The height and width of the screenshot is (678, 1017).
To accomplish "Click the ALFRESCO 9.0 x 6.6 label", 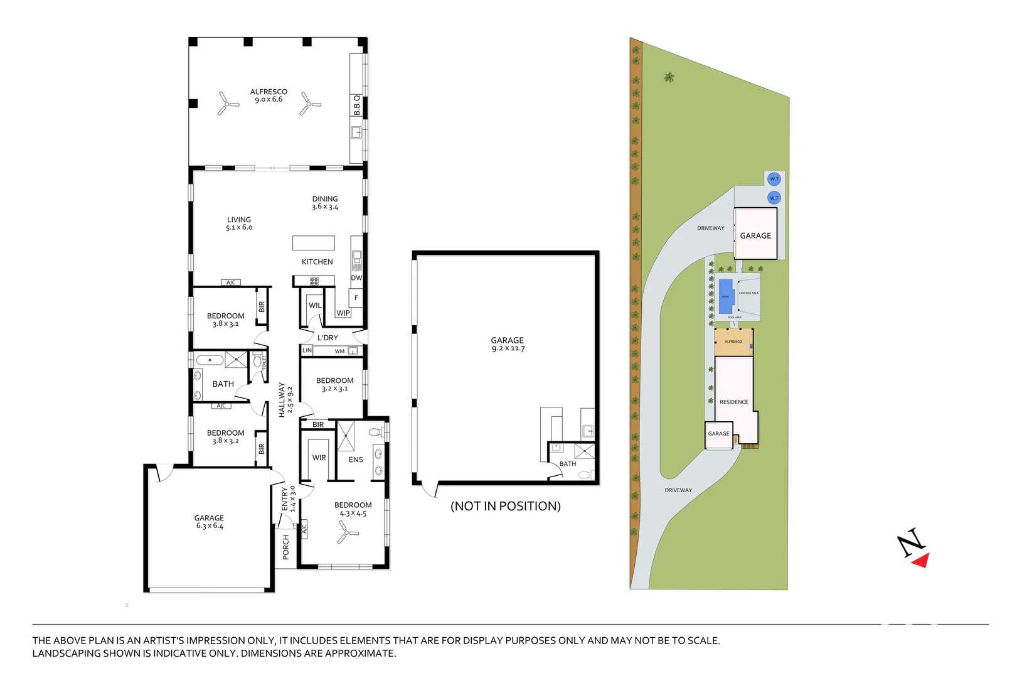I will [269, 95].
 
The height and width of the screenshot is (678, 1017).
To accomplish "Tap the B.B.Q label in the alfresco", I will [357, 105].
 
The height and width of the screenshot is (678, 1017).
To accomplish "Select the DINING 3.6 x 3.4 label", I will [325, 203].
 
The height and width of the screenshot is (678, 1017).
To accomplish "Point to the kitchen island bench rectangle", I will [313, 243].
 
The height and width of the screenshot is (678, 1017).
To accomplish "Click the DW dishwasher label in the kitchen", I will [356, 277].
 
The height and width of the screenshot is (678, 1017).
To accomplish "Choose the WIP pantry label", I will [343, 313].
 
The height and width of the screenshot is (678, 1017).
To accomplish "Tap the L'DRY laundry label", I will [327, 338].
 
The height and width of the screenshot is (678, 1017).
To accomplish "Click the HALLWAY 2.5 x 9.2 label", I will [285, 399].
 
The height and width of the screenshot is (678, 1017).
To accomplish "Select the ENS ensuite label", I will [356, 460].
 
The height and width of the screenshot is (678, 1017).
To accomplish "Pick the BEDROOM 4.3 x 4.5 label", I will [353, 509].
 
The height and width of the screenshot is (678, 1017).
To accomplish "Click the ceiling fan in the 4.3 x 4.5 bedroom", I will [346, 535].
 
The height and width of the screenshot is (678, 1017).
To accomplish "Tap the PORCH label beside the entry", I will [286, 547].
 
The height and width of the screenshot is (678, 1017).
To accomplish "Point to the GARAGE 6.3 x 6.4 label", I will [209, 522].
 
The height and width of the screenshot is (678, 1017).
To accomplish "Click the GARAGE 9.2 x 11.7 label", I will [508, 344].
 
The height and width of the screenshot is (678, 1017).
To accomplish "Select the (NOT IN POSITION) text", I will [506, 506].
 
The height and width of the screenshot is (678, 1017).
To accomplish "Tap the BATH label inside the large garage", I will [568, 464].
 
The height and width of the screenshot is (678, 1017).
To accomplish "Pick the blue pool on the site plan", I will [726, 296].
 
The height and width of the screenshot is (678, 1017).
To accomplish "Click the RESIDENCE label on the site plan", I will [733, 402].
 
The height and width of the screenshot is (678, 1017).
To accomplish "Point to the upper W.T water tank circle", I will [774, 179].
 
